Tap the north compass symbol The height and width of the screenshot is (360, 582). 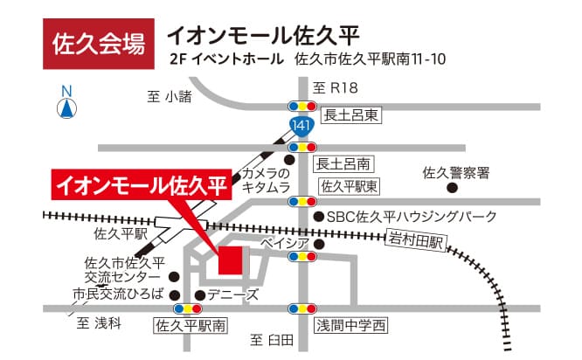[66, 104]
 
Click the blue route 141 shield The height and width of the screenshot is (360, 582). [301, 127]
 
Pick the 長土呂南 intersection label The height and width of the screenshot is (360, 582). [343, 163]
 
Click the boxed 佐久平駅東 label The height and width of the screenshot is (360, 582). [349, 185]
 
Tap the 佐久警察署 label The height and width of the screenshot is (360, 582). [454, 172]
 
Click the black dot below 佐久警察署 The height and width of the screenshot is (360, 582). [453, 187]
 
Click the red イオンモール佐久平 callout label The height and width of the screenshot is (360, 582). [141, 185]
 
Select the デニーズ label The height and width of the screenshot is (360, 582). [233, 294]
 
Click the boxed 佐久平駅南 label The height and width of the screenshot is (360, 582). [190, 326]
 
